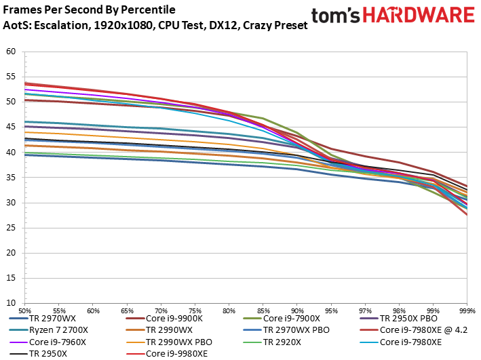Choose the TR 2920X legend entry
click(283, 342)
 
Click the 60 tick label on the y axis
click(11, 52)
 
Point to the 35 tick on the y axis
click(11, 178)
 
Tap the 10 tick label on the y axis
click(11, 304)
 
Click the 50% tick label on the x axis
click(24, 308)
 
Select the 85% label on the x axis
click(263, 308)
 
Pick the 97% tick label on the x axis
click(365, 308)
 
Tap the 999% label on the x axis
click(467, 308)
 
